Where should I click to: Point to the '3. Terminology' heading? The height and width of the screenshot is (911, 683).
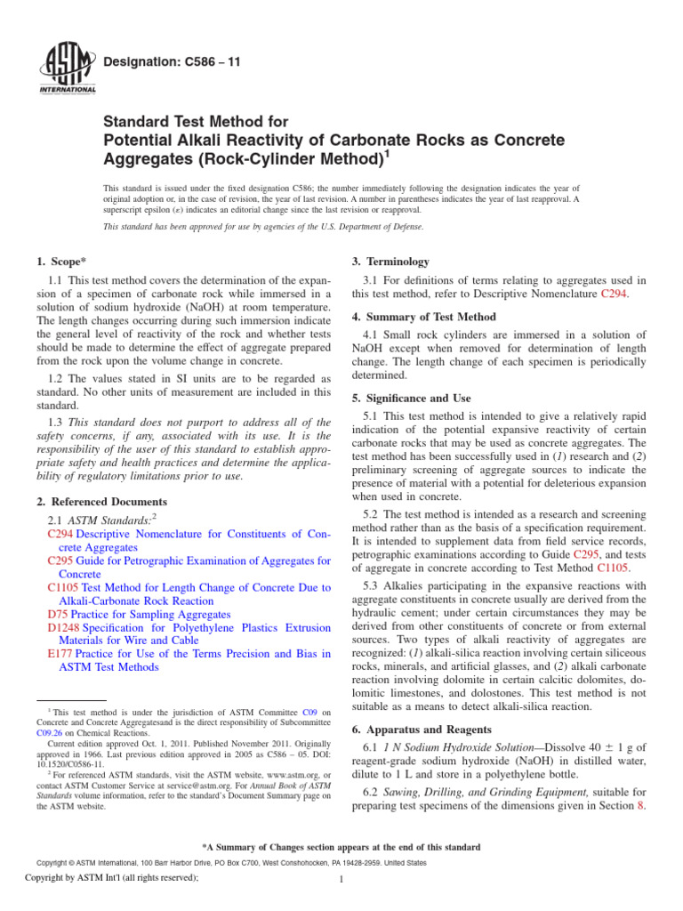click(391, 262)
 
